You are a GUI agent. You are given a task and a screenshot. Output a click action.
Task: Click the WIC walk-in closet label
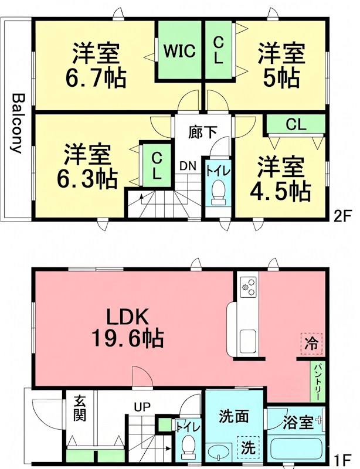pos(179,51)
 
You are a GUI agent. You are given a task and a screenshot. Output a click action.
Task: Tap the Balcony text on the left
pos(17,123)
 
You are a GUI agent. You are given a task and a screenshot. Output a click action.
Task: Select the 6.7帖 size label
pos(96,77)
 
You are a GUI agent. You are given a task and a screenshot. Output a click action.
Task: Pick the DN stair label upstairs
pos(188,166)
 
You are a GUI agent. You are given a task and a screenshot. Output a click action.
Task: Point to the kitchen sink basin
pos(247,339)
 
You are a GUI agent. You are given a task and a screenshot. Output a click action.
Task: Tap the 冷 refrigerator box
pos(312,344)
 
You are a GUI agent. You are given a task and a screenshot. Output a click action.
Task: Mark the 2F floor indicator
pos(342,215)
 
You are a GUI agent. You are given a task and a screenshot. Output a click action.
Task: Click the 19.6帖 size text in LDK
pos(127,338)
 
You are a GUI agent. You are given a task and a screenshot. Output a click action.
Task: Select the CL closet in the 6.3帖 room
pos(157,165)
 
